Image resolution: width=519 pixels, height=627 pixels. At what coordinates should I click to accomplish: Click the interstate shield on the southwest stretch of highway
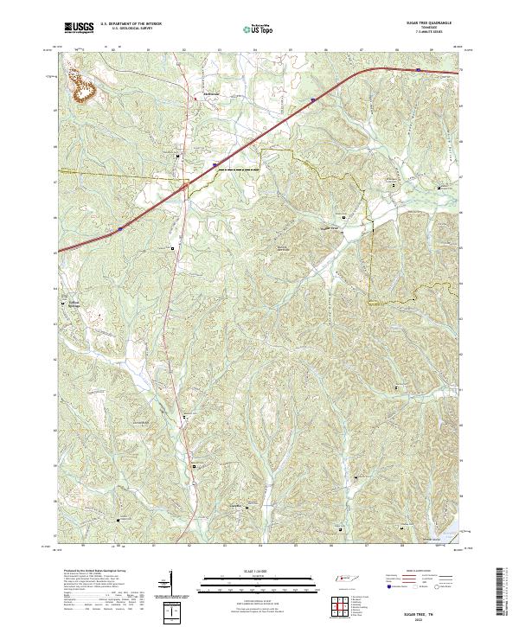[119, 229]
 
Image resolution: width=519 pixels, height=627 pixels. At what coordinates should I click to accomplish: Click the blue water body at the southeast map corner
[454, 528]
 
